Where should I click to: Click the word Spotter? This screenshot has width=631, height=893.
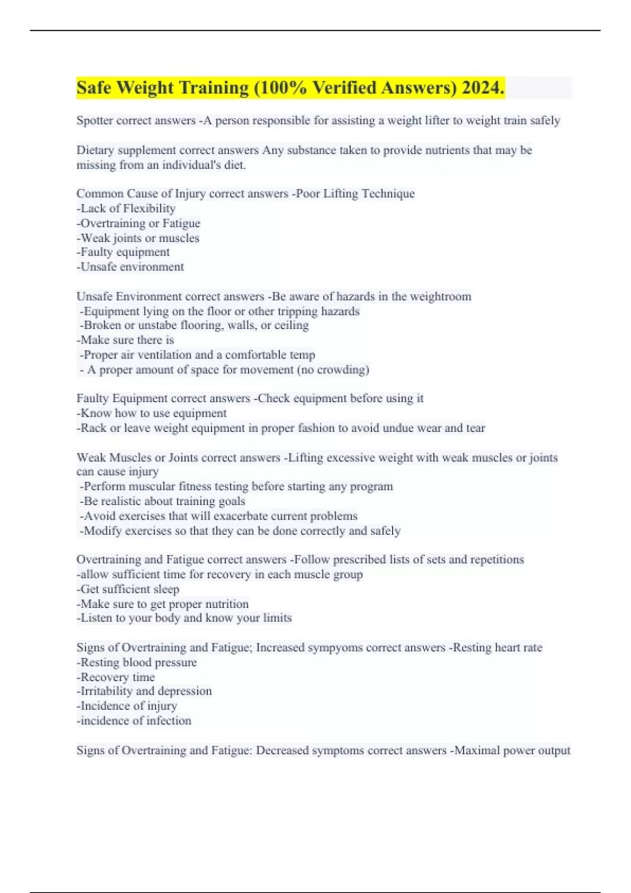pos(95,121)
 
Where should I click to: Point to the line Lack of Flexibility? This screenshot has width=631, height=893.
pos(126,209)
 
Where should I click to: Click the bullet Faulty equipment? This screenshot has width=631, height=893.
pos(124,252)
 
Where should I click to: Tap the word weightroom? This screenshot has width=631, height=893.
pos(440,297)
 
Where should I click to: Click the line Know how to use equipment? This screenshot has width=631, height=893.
pos(152,413)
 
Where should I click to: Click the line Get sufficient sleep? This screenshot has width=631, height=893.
pos(128,589)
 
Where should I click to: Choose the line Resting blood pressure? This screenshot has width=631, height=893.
pos(137,662)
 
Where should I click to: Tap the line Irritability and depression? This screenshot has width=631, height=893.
pos(145,691)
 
